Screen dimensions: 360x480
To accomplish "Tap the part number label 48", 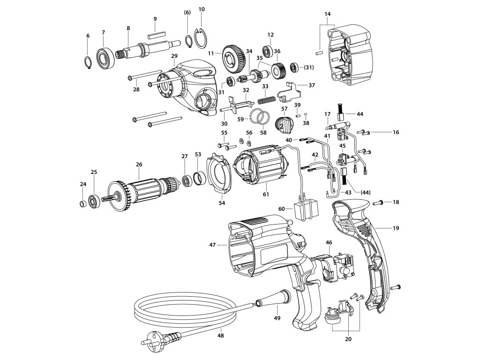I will point(220,336).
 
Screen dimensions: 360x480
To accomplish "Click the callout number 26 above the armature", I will point(139,165).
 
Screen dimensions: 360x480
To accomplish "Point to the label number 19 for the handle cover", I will point(396,228).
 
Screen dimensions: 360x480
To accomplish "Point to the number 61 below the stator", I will point(266,194).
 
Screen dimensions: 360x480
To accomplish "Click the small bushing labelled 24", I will point(82,203).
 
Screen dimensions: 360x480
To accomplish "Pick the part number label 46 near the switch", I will point(329,242).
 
